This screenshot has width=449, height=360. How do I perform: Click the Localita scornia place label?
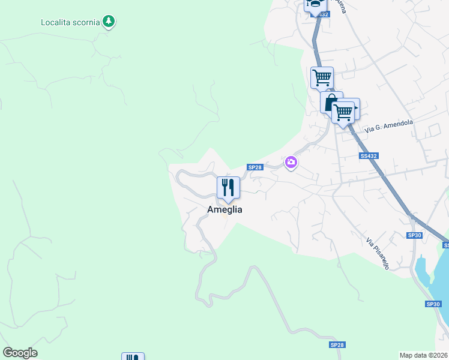[70, 23]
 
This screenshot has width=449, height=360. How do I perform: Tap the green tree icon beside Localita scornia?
[108, 22]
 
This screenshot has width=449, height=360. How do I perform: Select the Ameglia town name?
[224, 209]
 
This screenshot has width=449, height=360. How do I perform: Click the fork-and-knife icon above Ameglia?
[228, 187]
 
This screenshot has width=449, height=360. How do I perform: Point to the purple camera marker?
[291, 162]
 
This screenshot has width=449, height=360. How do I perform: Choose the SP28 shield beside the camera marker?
[255, 167]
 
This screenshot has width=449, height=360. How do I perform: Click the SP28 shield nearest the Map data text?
[337, 345]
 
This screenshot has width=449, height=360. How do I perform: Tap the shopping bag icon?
[330, 102]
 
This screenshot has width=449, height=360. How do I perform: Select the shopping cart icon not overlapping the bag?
[322, 77]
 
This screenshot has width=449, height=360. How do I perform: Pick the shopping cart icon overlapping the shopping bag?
[344, 111]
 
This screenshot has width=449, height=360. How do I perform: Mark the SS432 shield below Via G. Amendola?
[369, 156]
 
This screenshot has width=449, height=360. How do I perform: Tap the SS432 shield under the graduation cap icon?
[322, 14]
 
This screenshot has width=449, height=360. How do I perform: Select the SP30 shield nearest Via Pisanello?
[415, 235]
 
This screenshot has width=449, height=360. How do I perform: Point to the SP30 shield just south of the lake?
[433, 304]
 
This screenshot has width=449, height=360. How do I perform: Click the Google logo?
[20, 353]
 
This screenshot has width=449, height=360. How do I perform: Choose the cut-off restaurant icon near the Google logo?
[133, 357]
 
